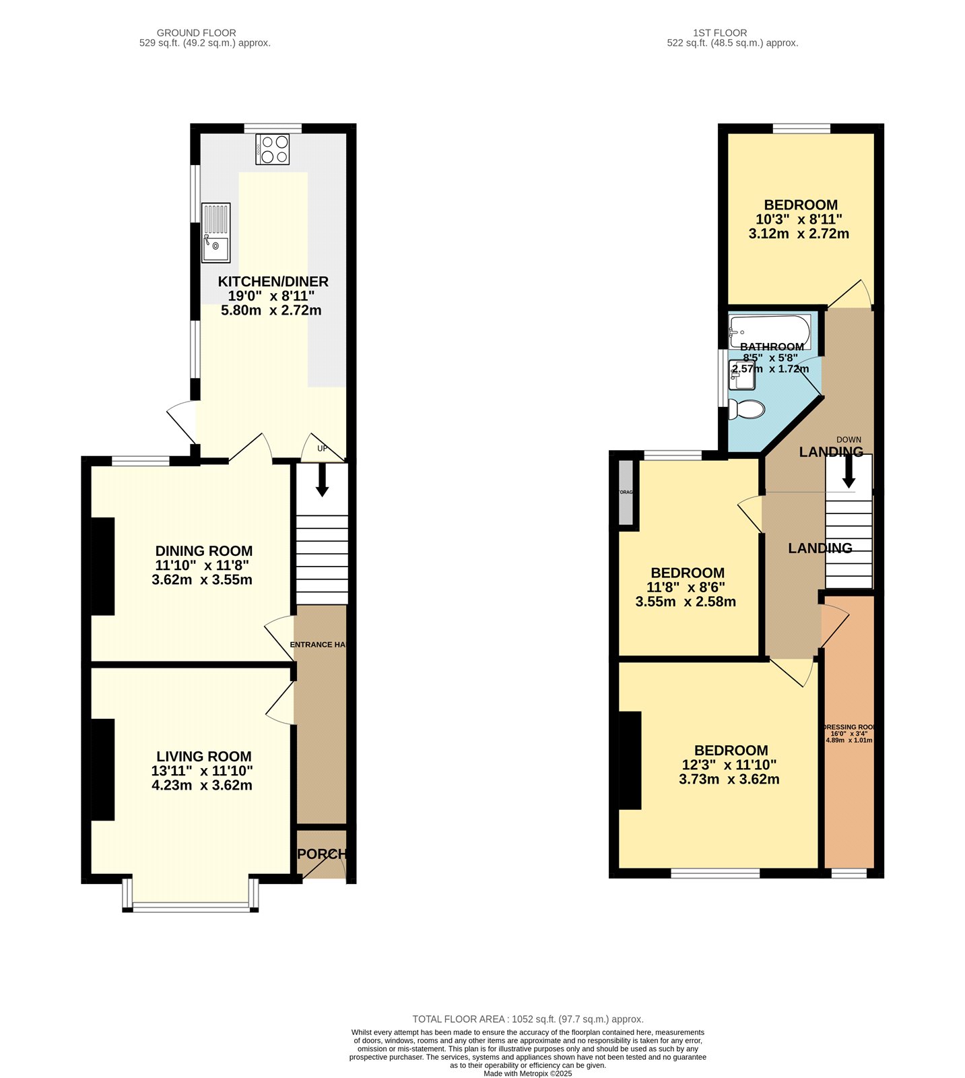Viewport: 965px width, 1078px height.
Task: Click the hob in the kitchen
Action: pyautogui.click(x=273, y=149)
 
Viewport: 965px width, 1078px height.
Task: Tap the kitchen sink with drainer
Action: pyautogui.click(x=215, y=232)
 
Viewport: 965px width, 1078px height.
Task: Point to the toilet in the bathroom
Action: pyautogui.click(x=747, y=408)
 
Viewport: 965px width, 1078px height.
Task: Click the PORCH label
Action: pyautogui.click(x=322, y=854)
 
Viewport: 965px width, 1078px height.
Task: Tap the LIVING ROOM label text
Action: pyautogui.click(x=204, y=757)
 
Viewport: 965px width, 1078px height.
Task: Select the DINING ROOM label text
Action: pyautogui.click(x=204, y=551)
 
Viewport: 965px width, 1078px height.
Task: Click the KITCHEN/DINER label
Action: pyautogui.click(x=273, y=282)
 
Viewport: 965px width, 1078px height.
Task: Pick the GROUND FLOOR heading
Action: pyautogui.click(x=197, y=32)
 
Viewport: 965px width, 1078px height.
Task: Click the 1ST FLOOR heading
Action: pyautogui.click(x=720, y=32)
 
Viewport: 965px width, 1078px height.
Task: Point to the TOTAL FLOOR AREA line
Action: pyautogui.click(x=527, y=1019)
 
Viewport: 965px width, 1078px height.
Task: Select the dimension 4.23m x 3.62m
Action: pyautogui.click(x=202, y=785)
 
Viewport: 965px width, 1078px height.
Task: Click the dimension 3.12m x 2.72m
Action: pyautogui.click(x=799, y=234)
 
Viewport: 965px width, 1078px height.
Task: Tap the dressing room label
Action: pyautogui.click(x=849, y=728)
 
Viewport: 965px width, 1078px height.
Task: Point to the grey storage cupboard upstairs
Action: pyautogui.click(x=626, y=493)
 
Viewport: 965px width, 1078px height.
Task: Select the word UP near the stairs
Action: pyautogui.click(x=322, y=449)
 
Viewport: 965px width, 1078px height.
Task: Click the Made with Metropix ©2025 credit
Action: pyautogui.click(x=527, y=1073)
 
